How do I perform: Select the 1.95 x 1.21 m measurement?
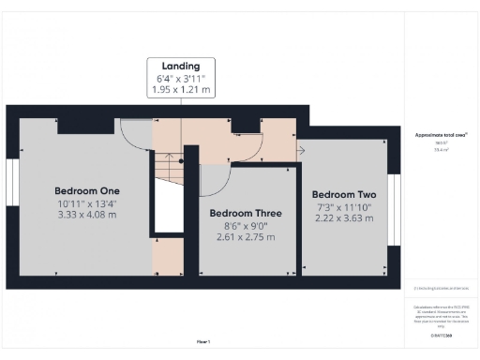pos(180,90)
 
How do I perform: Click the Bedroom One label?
pos(86,190)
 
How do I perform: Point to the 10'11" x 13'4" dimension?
pos(86,202)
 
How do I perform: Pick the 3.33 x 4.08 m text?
pos(86,215)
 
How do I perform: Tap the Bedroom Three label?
pos(245,213)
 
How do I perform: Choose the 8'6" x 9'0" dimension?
pos(245,225)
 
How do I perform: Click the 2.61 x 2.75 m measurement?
pos(245,237)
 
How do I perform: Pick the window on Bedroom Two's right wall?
pos(395,210)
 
